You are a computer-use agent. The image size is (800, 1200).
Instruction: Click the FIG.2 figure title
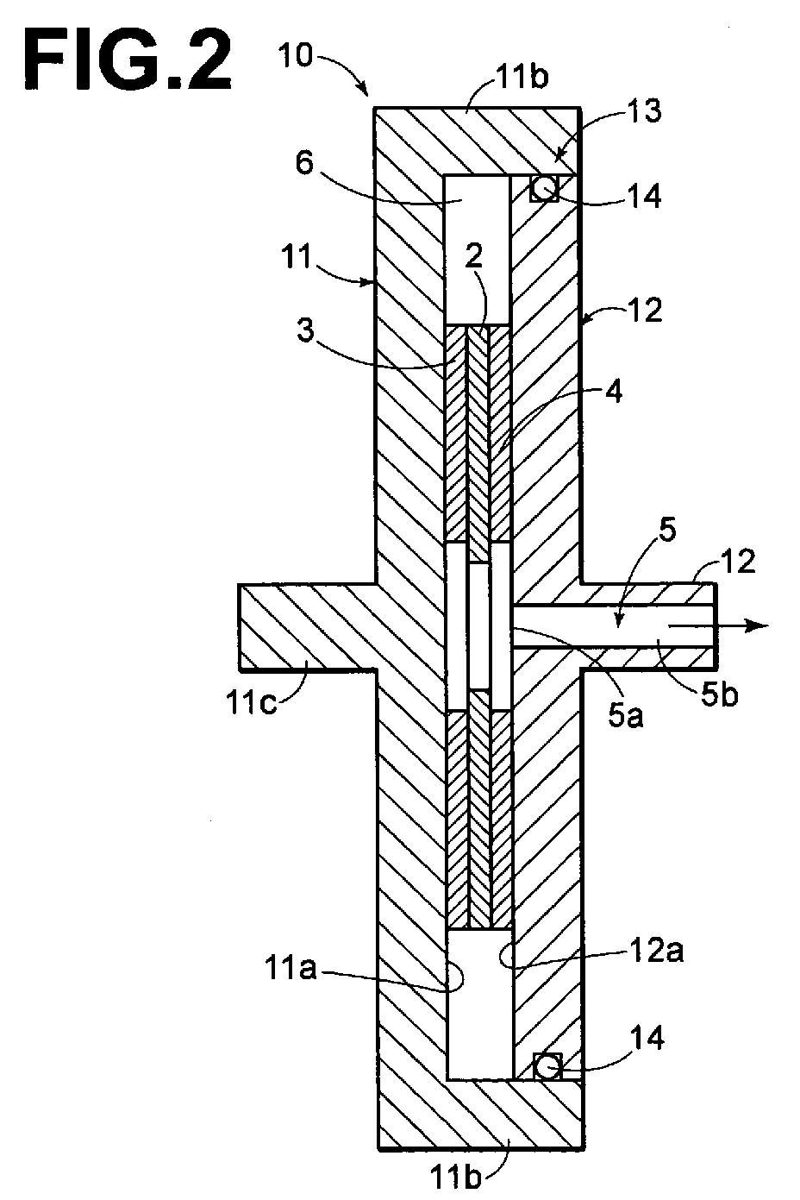(x=128, y=61)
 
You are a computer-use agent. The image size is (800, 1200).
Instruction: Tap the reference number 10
(x=296, y=55)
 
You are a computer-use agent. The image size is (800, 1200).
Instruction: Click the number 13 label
(x=644, y=111)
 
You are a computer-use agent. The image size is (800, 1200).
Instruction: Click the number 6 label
(x=304, y=163)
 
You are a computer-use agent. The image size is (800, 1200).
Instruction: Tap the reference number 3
(x=305, y=330)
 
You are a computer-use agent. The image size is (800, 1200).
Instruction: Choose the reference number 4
(x=614, y=393)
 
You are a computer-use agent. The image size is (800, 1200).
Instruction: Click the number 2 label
(x=473, y=256)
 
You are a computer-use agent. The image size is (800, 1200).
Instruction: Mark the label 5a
(x=626, y=716)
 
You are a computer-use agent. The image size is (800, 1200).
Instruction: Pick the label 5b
(x=720, y=694)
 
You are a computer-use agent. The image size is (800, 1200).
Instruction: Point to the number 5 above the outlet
(x=667, y=530)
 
